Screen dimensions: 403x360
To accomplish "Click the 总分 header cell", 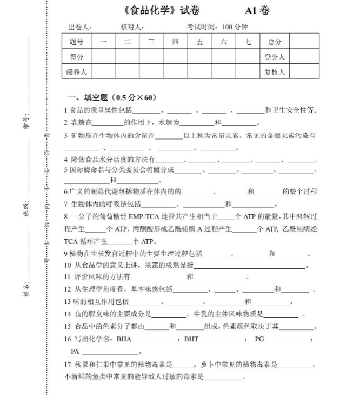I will pyautogui.click(x=274, y=42).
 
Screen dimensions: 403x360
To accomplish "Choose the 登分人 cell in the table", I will pyautogui.click(x=274, y=56).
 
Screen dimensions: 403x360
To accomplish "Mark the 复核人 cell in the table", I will pyautogui.click(x=274, y=71).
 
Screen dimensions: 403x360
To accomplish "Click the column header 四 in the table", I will pyautogui.click(x=175, y=42).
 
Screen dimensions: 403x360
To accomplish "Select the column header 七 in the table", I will pyautogui.click(x=248, y=42).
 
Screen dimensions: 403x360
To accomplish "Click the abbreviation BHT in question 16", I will pyautogui.click(x=192, y=339).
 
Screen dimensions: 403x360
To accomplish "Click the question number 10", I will pyautogui.click(x=68, y=265).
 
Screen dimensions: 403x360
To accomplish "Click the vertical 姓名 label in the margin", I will pyautogui.click(x=25, y=286).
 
